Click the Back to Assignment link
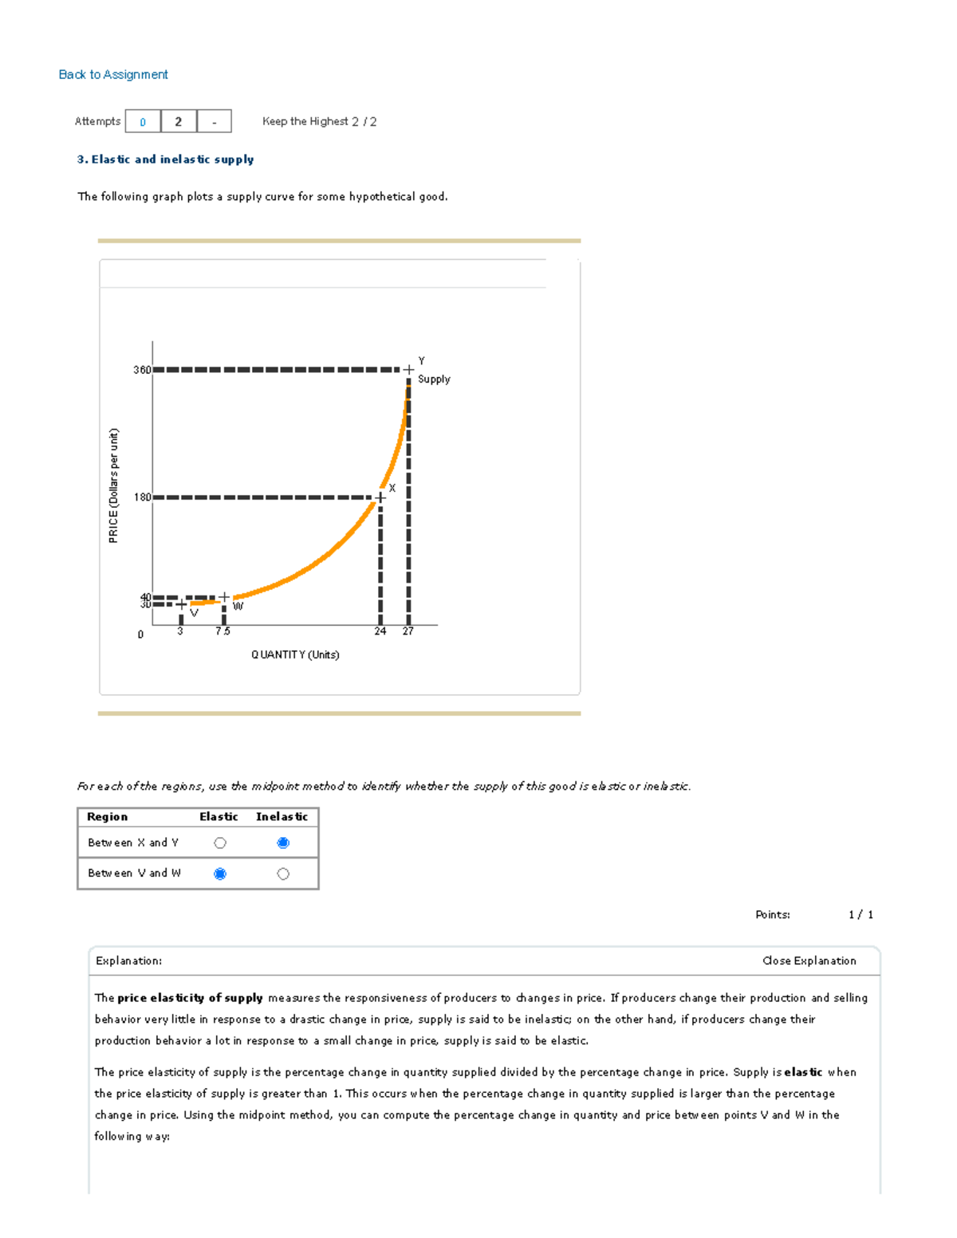(113, 74)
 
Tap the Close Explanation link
(809, 961)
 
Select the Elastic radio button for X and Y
(220, 843)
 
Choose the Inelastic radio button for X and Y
(283, 843)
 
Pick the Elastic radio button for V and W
(220, 874)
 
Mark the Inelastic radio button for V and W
(283, 874)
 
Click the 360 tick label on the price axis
(142, 370)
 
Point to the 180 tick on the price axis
(142, 497)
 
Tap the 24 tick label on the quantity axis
(380, 631)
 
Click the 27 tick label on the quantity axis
(408, 631)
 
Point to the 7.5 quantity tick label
(223, 631)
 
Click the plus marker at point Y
(408, 370)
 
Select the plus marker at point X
(380, 497)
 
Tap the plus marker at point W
(224, 597)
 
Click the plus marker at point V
(181, 604)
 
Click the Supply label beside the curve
(434, 379)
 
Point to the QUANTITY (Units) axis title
(295, 654)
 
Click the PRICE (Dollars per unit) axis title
(113, 485)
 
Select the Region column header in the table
(107, 816)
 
